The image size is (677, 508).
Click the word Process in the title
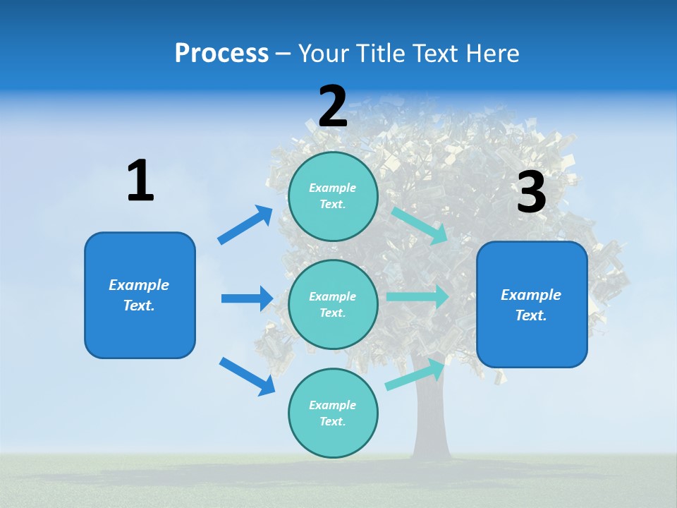tap(221, 53)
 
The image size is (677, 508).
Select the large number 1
tap(140, 181)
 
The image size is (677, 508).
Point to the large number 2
tap(333, 107)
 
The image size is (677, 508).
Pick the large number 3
tap(531, 193)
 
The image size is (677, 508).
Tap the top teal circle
tap(333, 196)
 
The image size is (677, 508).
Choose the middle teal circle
tap(333, 304)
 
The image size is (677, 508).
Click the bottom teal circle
tap(333, 413)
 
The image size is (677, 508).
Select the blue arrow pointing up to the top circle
tap(245, 225)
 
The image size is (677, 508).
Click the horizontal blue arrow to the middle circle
tap(247, 298)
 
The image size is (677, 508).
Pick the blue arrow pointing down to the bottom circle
tap(247, 376)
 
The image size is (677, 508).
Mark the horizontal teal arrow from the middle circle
tap(417, 296)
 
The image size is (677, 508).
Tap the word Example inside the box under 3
tap(531, 295)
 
